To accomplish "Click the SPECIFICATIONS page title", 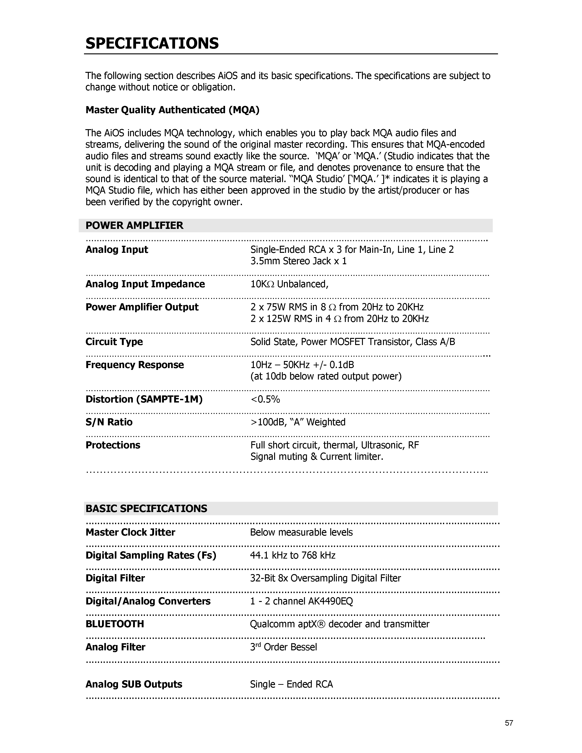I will (152, 44).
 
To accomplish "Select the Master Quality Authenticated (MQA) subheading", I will (172, 110).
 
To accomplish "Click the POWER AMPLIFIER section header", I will (134, 225).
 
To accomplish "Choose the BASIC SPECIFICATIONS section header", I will (146, 509).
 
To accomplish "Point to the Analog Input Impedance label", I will (145, 284).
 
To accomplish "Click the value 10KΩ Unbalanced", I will (289, 284).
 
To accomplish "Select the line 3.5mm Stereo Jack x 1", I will (299, 261).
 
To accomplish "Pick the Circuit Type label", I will (114, 342).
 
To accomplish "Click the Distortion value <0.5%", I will (265, 399).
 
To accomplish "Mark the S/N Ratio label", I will (109, 422).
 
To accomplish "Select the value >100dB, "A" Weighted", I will (298, 422).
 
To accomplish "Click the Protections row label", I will (113, 445).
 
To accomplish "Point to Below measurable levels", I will (301, 532).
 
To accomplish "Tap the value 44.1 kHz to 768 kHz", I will (293, 555).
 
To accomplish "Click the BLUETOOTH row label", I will (115, 624).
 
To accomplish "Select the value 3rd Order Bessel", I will (283, 647).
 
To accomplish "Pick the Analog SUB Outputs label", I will (134, 684).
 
